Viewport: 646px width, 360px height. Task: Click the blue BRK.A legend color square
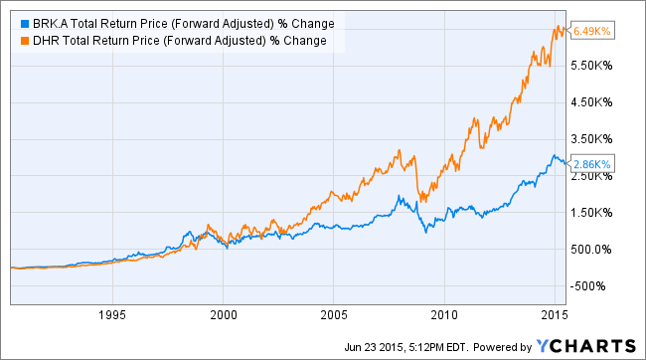12,22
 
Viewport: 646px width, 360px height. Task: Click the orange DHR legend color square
12,40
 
